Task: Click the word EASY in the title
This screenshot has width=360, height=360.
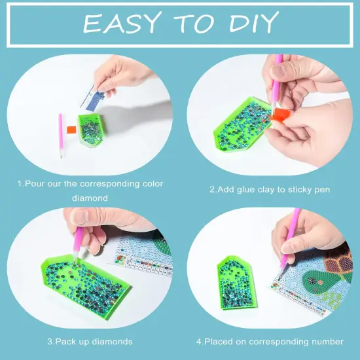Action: (122, 24)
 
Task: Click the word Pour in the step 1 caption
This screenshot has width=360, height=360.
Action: (35, 184)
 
